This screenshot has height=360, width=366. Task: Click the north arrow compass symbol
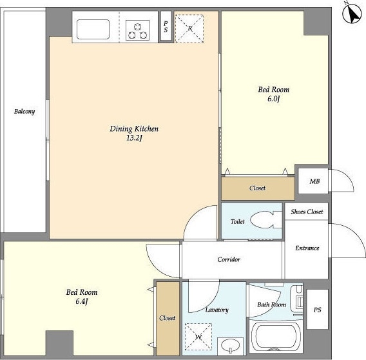point(352,14)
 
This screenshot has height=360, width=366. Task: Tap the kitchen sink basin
point(93,29)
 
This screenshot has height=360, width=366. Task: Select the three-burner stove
point(137,30)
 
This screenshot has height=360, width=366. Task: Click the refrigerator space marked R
point(189,28)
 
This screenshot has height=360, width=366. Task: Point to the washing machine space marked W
point(198,337)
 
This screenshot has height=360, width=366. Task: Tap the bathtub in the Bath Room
point(276,337)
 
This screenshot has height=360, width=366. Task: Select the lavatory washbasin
point(230,345)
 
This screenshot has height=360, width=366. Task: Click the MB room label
point(314,181)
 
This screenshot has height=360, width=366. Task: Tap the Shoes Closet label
point(307,212)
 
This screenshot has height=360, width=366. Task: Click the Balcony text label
point(24,111)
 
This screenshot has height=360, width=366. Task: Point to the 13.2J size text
point(134,138)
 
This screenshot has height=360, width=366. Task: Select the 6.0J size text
point(274,99)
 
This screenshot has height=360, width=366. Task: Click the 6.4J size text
point(82,301)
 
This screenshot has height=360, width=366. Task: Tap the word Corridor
point(229,259)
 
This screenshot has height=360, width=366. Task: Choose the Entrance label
point(307,248)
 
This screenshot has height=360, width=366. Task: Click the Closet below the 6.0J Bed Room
point(257,188)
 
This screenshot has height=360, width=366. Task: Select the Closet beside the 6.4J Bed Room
point(167,318)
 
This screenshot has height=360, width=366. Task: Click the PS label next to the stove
point(166,26)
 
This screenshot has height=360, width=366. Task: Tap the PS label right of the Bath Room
point(318,310)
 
